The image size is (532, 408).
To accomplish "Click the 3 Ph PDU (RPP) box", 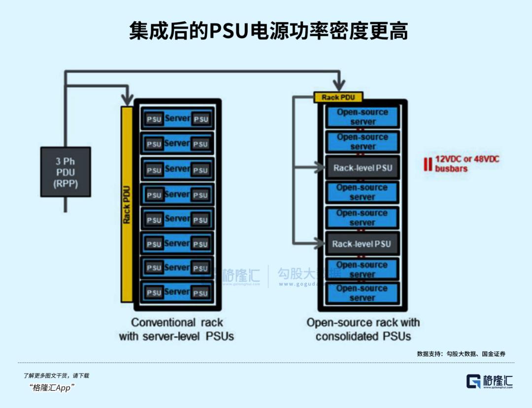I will [66, 172].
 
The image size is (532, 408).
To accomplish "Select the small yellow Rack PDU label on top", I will [338, 97].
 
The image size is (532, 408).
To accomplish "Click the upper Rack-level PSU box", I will [363, 168].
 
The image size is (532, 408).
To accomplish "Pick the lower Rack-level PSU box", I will [362, 244].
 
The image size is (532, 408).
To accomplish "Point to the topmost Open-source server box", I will [363, 117].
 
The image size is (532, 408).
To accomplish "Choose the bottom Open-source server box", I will [363, 293].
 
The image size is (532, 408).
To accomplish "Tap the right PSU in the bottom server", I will [200, 293].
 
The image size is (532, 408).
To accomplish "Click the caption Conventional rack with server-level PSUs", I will [176, 330].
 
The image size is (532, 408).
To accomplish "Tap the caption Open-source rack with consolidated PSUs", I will [363, 330].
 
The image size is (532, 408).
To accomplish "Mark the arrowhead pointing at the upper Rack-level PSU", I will [321, 168].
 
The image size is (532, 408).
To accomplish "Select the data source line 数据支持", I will [461, 353].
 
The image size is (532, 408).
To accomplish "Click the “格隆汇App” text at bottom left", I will [52, 388].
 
